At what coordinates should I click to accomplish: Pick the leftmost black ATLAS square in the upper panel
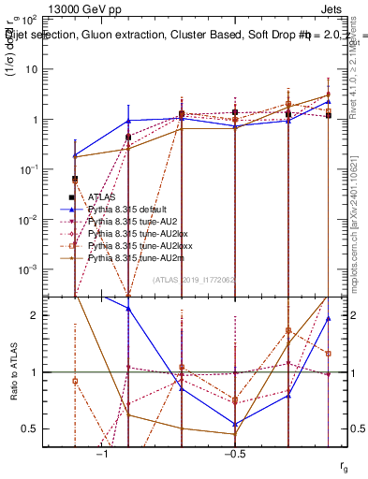(75, 179)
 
